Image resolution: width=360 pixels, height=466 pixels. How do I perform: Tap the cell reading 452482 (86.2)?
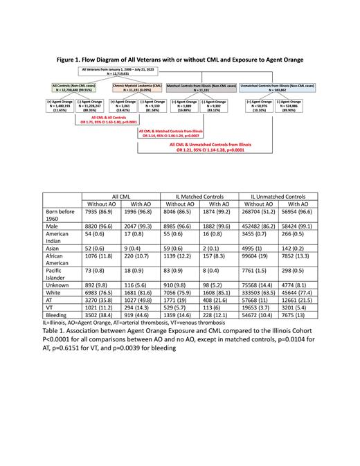[x=258, y=228]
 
